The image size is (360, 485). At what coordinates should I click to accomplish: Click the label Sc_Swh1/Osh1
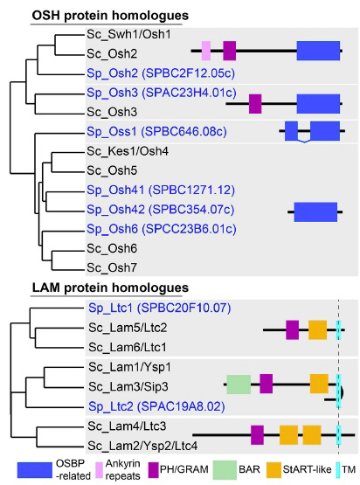pos(128,34)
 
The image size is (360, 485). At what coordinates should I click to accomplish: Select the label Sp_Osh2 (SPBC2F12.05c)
pos(161,73)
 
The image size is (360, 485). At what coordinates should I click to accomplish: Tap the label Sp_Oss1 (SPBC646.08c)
pos(156,132)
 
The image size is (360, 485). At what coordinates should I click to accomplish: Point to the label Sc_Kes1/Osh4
pos(128,151)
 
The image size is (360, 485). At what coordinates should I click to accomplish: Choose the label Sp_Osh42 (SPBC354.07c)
pos(161,210)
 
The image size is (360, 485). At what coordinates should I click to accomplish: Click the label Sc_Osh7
pos(112,267)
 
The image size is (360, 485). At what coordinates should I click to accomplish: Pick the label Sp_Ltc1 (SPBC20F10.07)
pos(160,308)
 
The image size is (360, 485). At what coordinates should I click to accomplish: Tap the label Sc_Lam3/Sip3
pos(128,386)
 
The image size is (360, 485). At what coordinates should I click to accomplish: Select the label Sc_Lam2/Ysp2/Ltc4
pos(142,446)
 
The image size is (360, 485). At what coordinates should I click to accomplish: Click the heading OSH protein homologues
pos(110,16)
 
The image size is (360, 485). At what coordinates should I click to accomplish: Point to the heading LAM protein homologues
pos(110,288)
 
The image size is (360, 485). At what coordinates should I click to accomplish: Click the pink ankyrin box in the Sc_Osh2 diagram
pos(206,51)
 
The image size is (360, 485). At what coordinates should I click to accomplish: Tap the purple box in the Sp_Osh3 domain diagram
pos(255,104)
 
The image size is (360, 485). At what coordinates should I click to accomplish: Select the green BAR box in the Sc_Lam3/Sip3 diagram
pos(239,385)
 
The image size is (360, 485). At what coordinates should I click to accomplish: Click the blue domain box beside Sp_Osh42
pos(315,212)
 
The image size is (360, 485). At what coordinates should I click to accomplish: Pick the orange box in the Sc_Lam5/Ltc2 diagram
pos(318,330)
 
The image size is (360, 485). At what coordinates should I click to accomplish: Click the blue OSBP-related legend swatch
pos(35,470)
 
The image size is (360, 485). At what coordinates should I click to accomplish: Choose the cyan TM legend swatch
pos(338,469)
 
